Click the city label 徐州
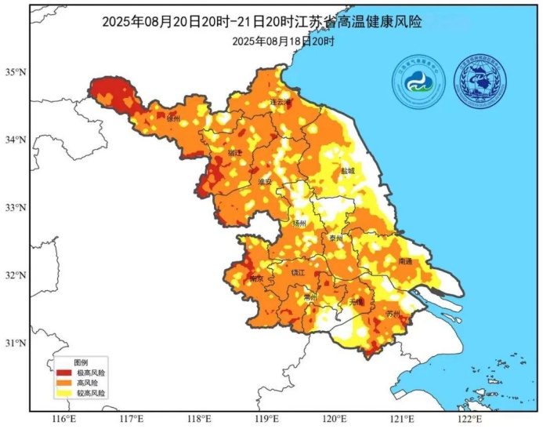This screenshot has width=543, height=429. [173, 118]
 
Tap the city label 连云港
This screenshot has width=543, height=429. [280, 102]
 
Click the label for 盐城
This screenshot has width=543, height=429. [347, 170]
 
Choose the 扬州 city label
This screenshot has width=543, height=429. [299, 223]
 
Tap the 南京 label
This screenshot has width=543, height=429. [256, 278]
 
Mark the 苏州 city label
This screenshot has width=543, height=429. [393, 314]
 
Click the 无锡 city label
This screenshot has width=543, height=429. [357, 301]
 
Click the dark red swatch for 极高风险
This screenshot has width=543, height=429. [62, 372]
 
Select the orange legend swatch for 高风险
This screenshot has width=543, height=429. [62, 382]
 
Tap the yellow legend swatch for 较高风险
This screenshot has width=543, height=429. [62, 392]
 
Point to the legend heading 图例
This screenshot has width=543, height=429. [81, 362]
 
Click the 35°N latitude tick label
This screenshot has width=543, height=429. [16, 72]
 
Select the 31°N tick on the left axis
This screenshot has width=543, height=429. [16, 343]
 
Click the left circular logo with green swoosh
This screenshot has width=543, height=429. [418, 82]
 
